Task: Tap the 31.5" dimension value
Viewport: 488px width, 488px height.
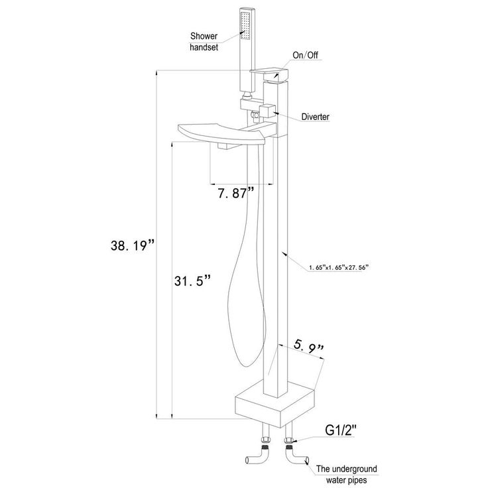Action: [x=193, y=280]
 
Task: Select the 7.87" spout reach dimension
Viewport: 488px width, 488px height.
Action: [x=236, y=193]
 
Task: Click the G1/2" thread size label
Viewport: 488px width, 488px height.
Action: [x=341, y=430]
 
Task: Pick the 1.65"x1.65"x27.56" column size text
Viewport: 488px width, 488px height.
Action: [x=339, y=267]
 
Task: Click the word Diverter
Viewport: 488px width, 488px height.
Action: [x=315, y=117]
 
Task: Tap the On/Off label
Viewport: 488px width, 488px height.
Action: [x=305, y=55]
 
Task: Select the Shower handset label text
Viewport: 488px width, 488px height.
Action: [x=204, y=42]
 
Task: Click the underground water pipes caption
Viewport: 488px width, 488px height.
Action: [x=346, y=474]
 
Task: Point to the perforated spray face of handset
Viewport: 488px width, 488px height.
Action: [x=245, y=25]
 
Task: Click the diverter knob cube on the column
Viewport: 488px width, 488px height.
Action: [x=268, y=111]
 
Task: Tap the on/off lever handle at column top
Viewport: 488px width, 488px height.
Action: [x=269, y=74]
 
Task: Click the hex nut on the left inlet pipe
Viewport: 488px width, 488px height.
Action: [x=266, y=440]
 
